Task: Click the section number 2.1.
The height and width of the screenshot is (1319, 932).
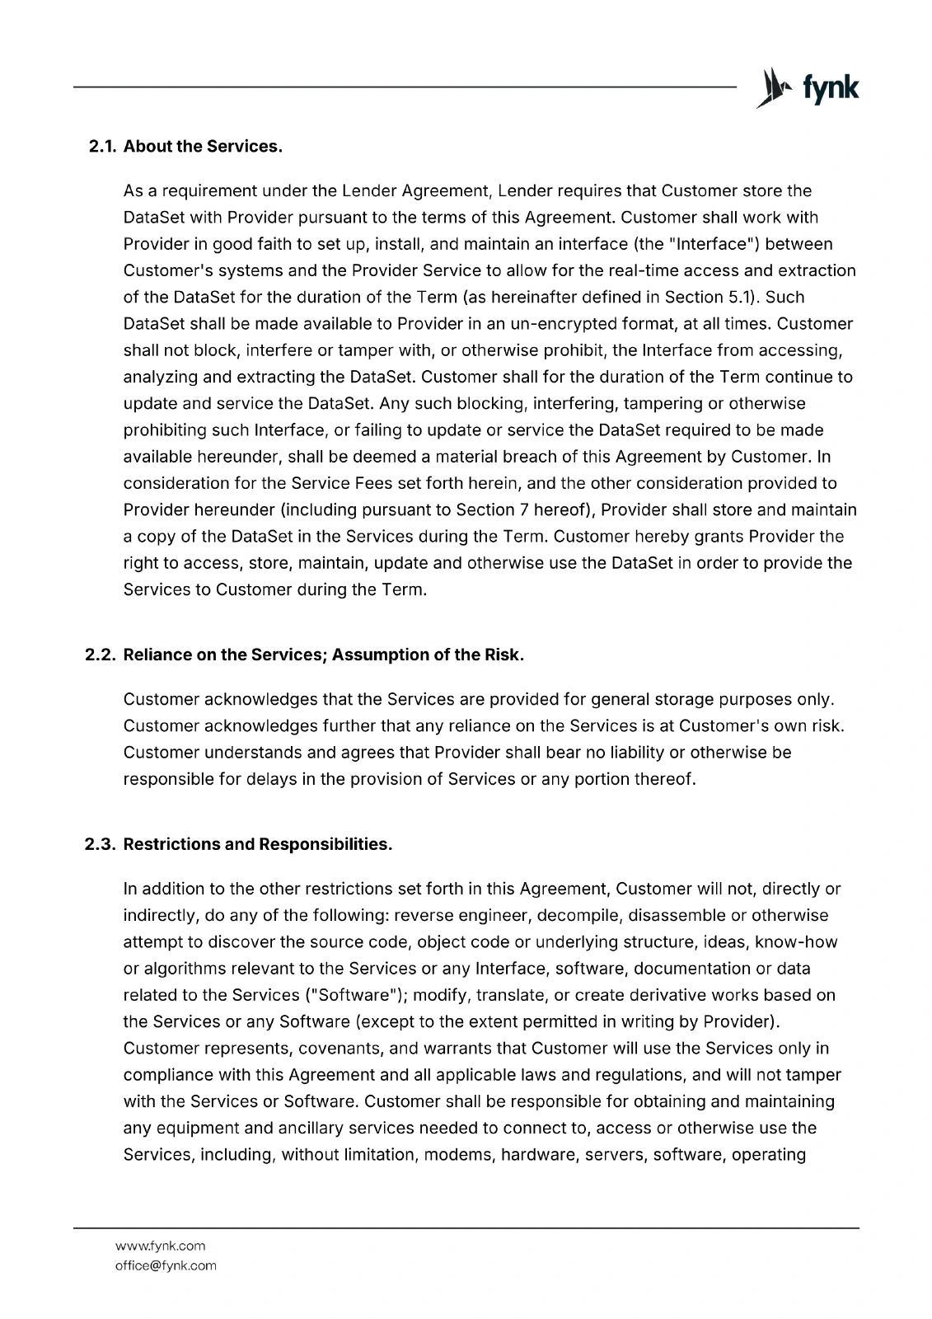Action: click(x=104, y=147)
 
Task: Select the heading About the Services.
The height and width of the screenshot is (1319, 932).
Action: click(x=203, y=147)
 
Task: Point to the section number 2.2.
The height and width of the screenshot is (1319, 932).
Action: click(x=104, y=655)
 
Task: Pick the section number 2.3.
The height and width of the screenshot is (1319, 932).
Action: click(x=104, y=845)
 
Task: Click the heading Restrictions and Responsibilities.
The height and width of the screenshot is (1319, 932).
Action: click(x=257, y=845)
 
